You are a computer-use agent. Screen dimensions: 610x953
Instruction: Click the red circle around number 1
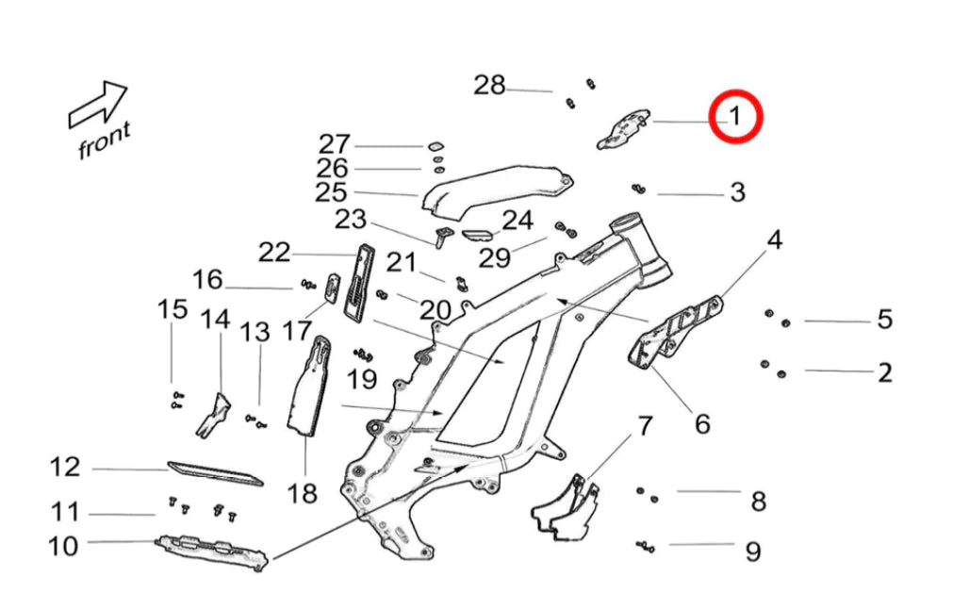click(735, 116)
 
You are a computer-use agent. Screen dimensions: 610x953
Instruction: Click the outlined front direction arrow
click(98, 104)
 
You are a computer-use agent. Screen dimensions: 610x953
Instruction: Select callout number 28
click(489, 86)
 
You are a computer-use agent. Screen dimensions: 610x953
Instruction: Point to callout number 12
click(65, 467)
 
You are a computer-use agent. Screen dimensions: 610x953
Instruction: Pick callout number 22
click(274, 253)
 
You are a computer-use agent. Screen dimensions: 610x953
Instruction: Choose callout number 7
click(645, 426)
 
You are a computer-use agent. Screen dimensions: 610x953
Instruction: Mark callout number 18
click(304, 491)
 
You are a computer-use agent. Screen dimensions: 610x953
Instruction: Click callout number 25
click(331, 193)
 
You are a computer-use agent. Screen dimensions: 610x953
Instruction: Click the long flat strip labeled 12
click(215, 472)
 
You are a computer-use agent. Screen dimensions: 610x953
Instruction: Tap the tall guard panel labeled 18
click(310, 387)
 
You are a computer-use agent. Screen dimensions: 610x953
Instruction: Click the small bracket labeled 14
click(214, 416)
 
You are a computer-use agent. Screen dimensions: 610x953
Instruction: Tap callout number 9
click(752, 551)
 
